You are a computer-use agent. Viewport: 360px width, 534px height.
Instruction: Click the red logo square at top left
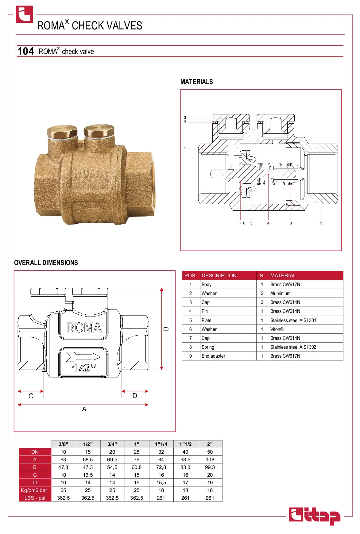(x=24, y=14)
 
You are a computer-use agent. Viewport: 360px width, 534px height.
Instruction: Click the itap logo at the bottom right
(x=315, y=516)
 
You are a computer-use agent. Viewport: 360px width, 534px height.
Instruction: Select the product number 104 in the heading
(x=26, y=51)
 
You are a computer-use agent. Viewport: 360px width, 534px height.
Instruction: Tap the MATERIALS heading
(x=197, y=82)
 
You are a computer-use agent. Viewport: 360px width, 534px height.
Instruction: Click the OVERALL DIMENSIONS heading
(x=46, y=263)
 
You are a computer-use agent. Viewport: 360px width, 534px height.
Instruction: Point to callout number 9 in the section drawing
(x=321, y=223)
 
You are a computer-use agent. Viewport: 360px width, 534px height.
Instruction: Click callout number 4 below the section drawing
(x=268, y=223)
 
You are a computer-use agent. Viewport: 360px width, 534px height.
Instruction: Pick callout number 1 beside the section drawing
(x=185, y=148)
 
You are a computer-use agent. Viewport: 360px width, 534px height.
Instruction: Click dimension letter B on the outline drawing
(x=166, y=329)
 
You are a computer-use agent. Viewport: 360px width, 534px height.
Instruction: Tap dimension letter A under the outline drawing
(x=84, y=409)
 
